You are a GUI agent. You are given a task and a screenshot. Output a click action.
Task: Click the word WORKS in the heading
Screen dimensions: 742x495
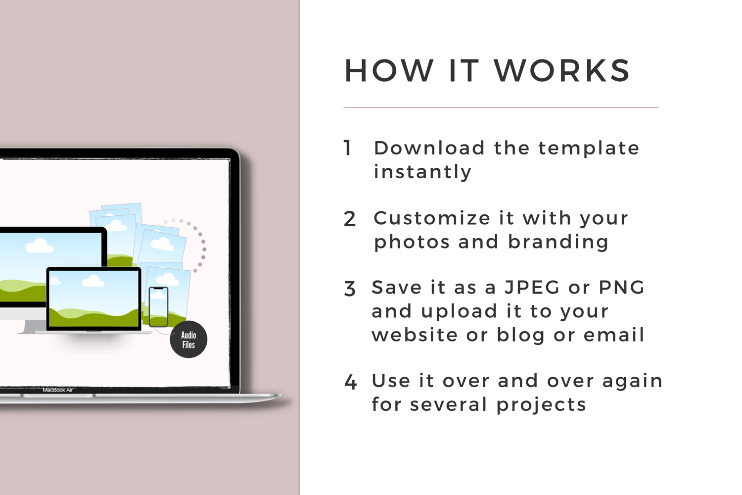click(562, 71)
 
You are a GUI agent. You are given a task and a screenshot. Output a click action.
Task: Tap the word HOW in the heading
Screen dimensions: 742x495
click(389, 71)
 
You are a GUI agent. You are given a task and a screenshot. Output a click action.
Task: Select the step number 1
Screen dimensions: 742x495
click(347, 148)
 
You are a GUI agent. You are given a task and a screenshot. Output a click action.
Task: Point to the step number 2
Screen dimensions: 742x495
click(349, 219)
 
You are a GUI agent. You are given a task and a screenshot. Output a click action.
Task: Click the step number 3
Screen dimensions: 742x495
click(349, 289)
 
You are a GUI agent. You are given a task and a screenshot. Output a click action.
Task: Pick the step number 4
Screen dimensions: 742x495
click(350, 382)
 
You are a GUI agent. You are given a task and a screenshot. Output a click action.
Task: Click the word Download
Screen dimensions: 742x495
click(429, 148)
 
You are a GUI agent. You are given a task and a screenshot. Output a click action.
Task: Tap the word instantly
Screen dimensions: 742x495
click(422, 172)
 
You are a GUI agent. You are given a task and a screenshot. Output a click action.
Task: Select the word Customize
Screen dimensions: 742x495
click(432, 218)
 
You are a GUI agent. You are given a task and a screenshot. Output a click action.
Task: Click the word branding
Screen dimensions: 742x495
click(558, 243)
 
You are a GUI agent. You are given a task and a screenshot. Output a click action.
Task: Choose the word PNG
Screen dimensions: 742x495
click(621, 287)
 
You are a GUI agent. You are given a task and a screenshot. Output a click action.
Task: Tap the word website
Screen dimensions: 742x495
click(415, 335)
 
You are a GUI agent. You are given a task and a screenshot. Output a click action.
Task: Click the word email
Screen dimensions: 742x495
click(614, 335)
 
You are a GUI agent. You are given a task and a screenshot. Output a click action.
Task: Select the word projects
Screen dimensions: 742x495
click(541, 405)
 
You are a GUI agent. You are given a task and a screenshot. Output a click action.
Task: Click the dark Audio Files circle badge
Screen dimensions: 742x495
click(188, 340)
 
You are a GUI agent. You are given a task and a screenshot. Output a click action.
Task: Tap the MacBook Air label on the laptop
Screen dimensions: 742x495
click(58, 390)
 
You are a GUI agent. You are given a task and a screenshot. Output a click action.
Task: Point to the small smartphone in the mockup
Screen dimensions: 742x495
click(158, 307)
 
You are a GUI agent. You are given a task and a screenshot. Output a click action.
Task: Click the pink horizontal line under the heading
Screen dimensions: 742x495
click(501, 107)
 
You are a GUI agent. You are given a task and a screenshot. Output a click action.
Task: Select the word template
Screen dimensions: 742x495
click(589, 148)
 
